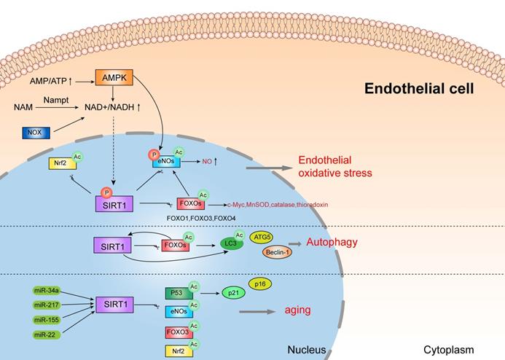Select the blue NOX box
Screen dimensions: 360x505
click(39, 133)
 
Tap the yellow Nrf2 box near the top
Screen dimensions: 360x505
click(58, 163)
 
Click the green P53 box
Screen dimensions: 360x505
click(177, 294)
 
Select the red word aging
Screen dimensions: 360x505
click(297, 310)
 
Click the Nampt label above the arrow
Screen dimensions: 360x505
click(55, 98)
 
